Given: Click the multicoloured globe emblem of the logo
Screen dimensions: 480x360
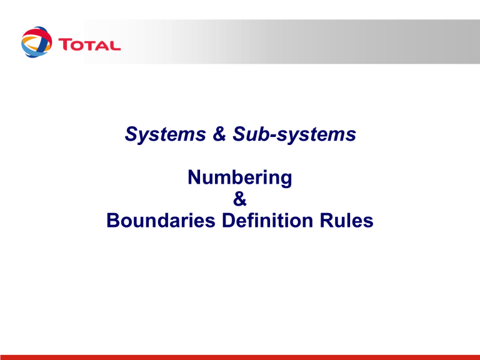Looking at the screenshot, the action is tap(36, 42).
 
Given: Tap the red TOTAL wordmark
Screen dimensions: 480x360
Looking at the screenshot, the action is tap(89, 45).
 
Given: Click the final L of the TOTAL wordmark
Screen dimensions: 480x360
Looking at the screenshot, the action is tap(114, 45).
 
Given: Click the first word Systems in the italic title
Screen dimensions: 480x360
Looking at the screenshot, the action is tap(165, 134).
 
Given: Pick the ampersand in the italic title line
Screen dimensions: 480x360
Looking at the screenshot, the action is tap(219, 134).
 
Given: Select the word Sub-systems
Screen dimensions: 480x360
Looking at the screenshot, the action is tap(294, 134).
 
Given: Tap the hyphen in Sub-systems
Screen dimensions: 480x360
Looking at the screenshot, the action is tap(273, 136).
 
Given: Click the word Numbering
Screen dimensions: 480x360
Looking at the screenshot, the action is tap(240, 177).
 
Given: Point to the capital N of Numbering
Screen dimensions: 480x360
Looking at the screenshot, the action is tap(194, 177).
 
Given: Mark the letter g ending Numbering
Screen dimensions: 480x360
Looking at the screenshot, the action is tap(286, 180).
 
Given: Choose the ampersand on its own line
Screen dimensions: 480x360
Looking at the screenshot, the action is tap(240, 199).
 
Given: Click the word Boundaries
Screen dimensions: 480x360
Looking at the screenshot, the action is tap(161, 221).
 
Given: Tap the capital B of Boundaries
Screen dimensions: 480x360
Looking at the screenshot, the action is tap(113, 221).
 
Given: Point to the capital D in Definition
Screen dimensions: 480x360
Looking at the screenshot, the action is tap(229, 221).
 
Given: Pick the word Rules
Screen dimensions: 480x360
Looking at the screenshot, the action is tap(346, 221).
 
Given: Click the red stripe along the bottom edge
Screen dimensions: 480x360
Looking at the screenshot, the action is tap(240, 357).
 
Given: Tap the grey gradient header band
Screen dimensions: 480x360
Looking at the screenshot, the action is tap(282, 42).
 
